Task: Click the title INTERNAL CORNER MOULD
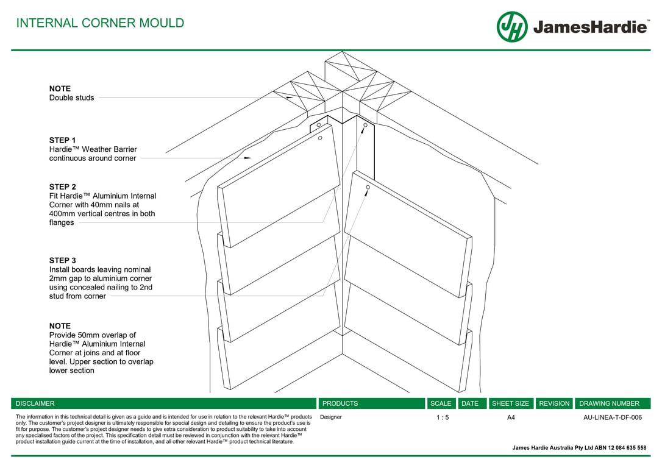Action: pyautogui.click(x=100, y=23)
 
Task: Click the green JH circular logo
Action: pyautogui.click(x=512, y=27)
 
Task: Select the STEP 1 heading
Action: pyautogui.click(x=63, y=140)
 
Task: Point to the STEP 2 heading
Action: pyautogui.click(x=63, y=186)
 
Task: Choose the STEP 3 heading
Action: pyautogui.click(x=63, y=260)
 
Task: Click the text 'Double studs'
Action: pyautogui.click(x=71, y=97)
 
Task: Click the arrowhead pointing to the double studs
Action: pyautogui.click(x=290, y=97)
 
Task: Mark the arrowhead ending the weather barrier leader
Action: pyautogui.click(x=247, y=158)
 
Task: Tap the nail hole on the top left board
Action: pyautogui.click(x=320, y=138)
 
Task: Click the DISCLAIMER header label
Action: pyautogui.click(x=35, y=403)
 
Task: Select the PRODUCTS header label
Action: pyautogui.click(x=340, y=403)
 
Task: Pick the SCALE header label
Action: pyautogui.click(x=441, y=403)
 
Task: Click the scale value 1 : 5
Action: pyautogui.click(x=443, y=417)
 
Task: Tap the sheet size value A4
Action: pyautogui.click(x=511, y=417)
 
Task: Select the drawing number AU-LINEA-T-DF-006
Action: pyautogui.click(x=613, y=417)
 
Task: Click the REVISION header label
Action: pyautogui.click(x=554, y=403)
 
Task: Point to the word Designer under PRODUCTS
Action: pyautogui.click(x=331, y=417)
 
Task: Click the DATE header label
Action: pyautogui.click(x=470, y=403)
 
